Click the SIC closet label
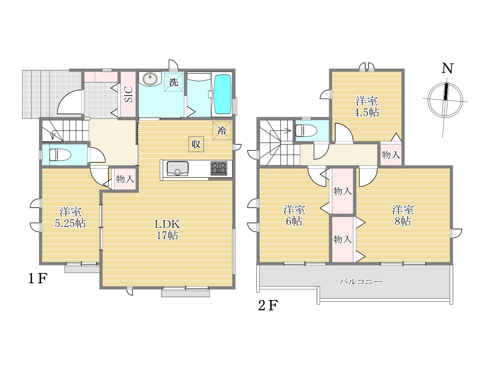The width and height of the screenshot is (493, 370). pyautogui.click(x=129, y=95)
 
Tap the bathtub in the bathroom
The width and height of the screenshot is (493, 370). pyautogui.click(x=223, y=95)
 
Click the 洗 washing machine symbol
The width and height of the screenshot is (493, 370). pyautogui.click(x=173, y=82)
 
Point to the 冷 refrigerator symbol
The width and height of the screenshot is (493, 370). pyautogui.click(x=222, y=130)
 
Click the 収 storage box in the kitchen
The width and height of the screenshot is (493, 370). pyautogui.click(x=196, y=144)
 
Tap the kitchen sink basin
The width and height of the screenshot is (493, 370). pyautogui.click(x=177, y=169)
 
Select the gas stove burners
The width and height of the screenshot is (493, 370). pyautogui.click(x=219, y=169)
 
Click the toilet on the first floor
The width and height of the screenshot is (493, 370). pyautogui.click(x=60, y=155)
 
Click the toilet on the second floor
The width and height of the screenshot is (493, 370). pyautogui.click(x=306, y=130)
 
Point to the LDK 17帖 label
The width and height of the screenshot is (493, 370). pyautogui.click(x=167, y=229)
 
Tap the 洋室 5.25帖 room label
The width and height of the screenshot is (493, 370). pyautogui.click(x=70, y=217)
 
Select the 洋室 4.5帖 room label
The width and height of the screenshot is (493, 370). pyautogui.click(x=366, y=107)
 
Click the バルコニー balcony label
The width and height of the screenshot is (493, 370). pyautogui.click(x=360, y=281)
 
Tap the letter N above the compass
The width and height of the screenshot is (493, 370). pyautogui.click(x=447, y=68)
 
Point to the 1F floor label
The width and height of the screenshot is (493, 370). pyautogui.click(x=38, y=279)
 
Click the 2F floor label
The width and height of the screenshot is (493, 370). pyautogui.click(x=268, y=305)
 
